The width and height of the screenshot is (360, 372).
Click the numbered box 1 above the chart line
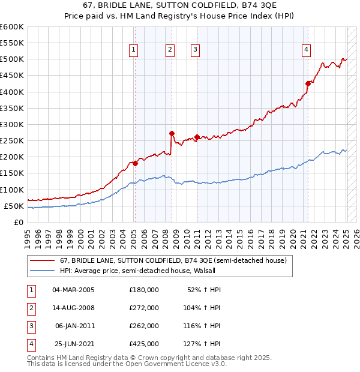(x=133, y=50)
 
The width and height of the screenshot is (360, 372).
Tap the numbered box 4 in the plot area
(x=306, y=50)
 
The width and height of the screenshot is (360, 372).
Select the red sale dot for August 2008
(x=172, y=134)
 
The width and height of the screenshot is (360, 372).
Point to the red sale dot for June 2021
(x=308, y=83)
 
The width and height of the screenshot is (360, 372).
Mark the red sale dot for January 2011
(x=197, y=137)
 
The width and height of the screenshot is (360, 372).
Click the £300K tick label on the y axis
(x=12, y=124)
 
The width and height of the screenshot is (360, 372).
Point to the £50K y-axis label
(x=14, y=206)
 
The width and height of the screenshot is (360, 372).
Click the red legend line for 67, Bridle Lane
(x=42, y=260)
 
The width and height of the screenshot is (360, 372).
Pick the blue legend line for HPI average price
(x=42, y=271)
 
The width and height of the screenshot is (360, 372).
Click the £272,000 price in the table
(x=144, y=307)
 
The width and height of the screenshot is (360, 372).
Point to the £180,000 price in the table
(x=144, y=289)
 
